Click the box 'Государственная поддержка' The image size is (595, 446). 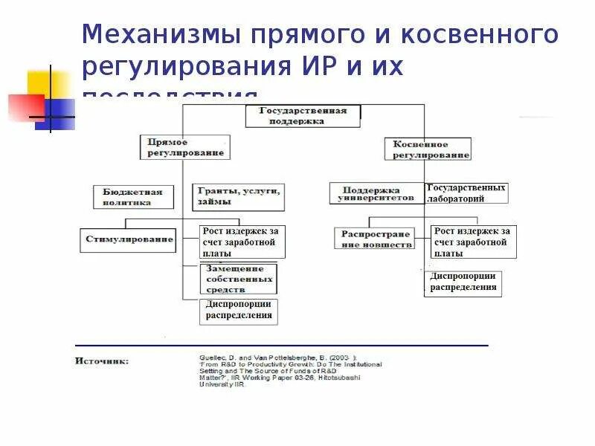click(x=303, y=116)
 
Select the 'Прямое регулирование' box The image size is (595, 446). click(x=181, y=147)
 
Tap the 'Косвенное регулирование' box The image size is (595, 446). click(x=428, y=149)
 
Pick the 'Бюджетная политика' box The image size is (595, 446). click(x=133, y=197)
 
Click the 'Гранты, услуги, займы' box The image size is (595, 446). click(x=239, y=196)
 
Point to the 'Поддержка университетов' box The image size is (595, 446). click(x=376, y=194)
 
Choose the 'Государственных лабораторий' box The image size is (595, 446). click(x=466, y=193)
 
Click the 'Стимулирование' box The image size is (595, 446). click(x=127, y=239)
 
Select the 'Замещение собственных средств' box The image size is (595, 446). click(x=238, y=278)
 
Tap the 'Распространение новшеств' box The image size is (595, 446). click(x=375, y=239)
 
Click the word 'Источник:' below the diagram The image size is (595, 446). click(x=102, y=361)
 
